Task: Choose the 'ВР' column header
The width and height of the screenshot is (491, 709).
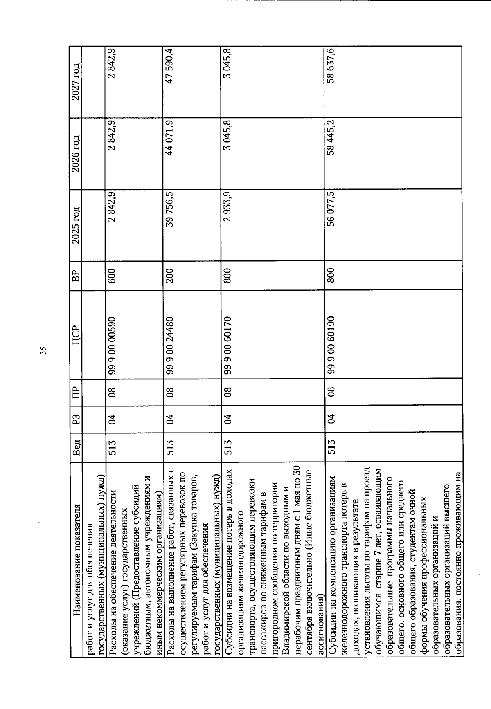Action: [x=76, y=271]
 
